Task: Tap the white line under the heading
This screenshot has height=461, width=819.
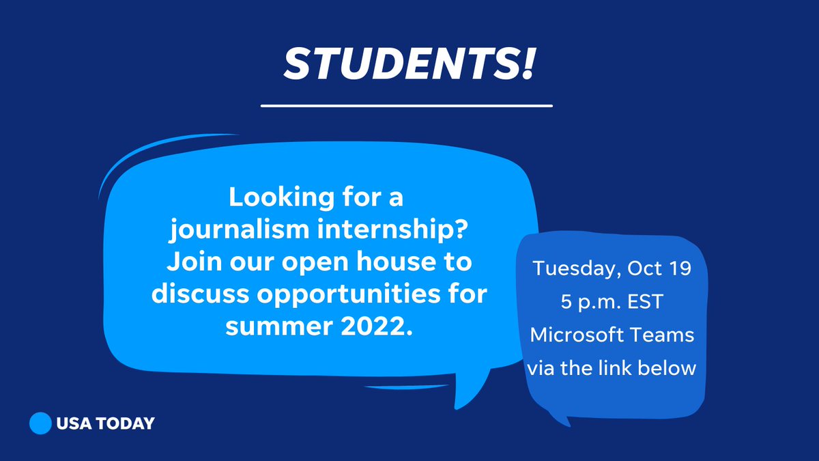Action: point(407,106)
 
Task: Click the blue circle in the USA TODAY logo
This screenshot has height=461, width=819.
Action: point(41,423)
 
